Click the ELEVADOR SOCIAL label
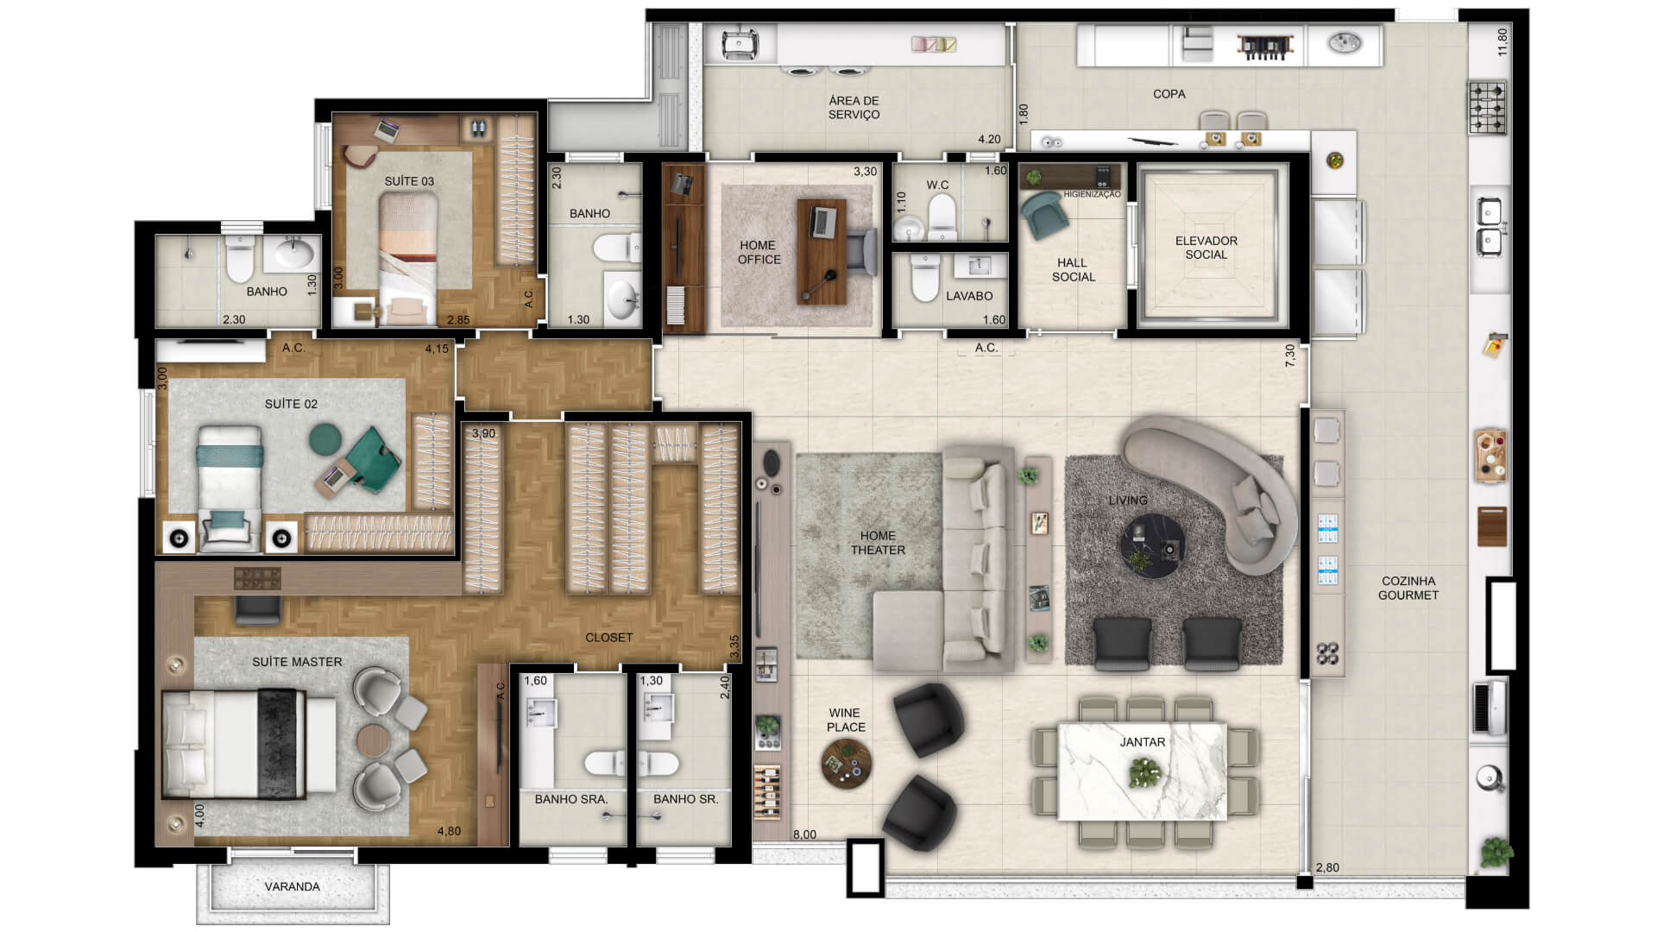1206,248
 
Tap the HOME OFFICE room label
759,252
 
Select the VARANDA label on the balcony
292,886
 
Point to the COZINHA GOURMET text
1408,588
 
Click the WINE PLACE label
845,720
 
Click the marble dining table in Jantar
1143,771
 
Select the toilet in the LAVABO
924,279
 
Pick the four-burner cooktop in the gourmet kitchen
1488,108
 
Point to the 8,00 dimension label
804,834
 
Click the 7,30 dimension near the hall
1290,356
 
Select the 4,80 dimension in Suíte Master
449,831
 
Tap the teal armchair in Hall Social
1042,215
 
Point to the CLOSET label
608,637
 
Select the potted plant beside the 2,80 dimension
1495,853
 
